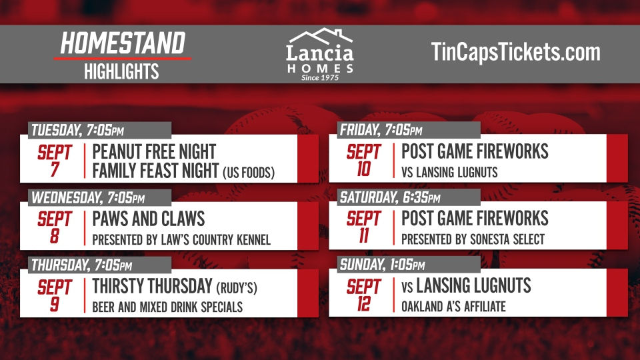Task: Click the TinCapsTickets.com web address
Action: point(515,52)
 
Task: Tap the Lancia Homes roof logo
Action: point(319,37)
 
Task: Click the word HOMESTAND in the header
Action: point(122,44)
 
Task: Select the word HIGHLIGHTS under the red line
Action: point(121,71)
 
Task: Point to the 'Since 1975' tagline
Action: point(319,77)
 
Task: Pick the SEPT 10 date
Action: point(363,159)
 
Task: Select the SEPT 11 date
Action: point(363,227)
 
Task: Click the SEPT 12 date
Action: point(363,295)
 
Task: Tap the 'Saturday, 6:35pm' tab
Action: point(390,197)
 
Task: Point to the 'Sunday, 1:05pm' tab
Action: point(382,265)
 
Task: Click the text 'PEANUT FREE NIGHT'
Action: point(154,151)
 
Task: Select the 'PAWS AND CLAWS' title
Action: point(148,219)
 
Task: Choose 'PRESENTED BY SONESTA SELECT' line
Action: point(473,239)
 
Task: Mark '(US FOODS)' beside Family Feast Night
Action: point(248,173)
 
